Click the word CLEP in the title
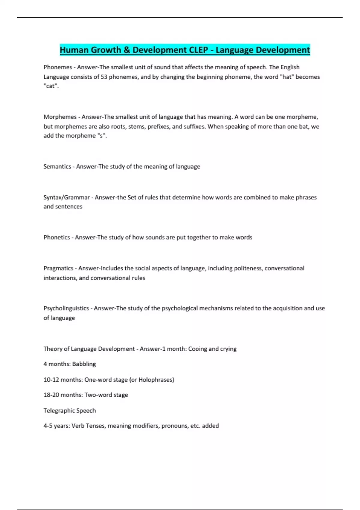(199, 50)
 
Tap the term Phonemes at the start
(58, 67)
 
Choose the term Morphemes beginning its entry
(60, 117)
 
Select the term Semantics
(57, 166)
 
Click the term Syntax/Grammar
(67, 197)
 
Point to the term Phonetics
(57, 237)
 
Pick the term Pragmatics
(58, 268)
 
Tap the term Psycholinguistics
(66, 308)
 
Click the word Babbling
(84, 364)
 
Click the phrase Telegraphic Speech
(70, 410)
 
